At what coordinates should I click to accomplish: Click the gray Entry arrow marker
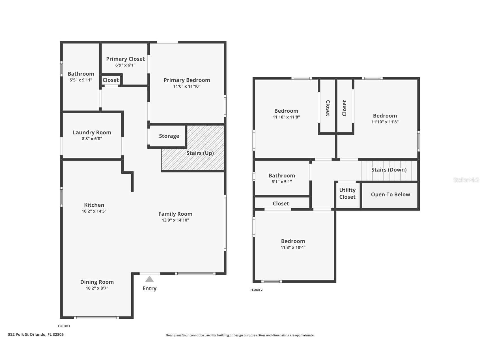[x=149, y=279]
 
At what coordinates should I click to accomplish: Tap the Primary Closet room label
[x=125, y=59]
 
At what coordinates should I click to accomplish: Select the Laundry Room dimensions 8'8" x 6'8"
[x=92, y=139]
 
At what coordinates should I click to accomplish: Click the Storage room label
[x=169, y=136]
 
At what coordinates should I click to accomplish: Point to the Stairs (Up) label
[x=200, y=153]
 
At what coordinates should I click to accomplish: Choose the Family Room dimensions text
[x=175, y=220]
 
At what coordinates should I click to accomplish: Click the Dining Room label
[x=97, y=282]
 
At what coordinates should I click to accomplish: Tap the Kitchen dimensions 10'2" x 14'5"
[x=94, y=211]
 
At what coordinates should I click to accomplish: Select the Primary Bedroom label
[x=187, y=80]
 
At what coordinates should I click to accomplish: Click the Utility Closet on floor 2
[x=347, y=194]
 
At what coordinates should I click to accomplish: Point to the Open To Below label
[x=390, y=194]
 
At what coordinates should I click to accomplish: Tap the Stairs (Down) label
[x=389, y=170]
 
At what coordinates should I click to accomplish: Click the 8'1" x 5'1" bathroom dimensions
[x=282, y=182]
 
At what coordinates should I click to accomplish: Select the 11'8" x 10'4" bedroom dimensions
[x=293, y=247]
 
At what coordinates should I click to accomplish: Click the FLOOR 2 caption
[x=257, y=290]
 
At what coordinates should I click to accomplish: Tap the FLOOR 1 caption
[x=64, y=326]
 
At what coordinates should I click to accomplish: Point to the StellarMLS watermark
[x=466, y=180]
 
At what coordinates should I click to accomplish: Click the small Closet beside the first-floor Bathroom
[x=111, y=80]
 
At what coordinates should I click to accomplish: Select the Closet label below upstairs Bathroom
[x=281, y=203]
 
